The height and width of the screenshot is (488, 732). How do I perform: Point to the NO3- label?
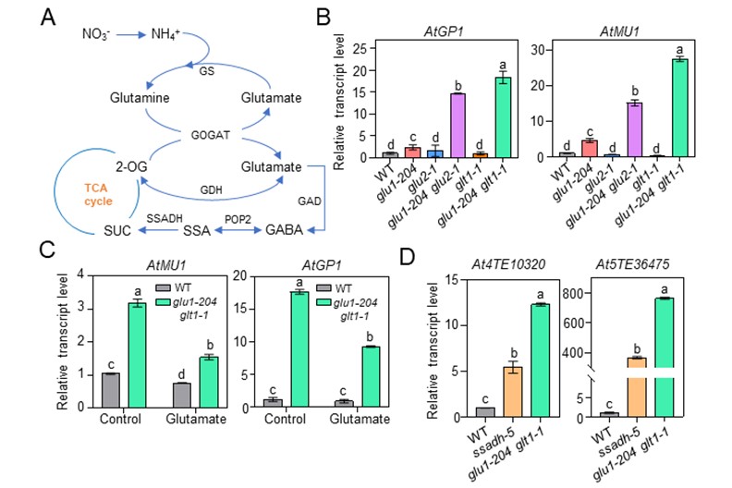[x=95, y=34]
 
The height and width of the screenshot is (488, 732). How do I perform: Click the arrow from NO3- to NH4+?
[x=129, y=34]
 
